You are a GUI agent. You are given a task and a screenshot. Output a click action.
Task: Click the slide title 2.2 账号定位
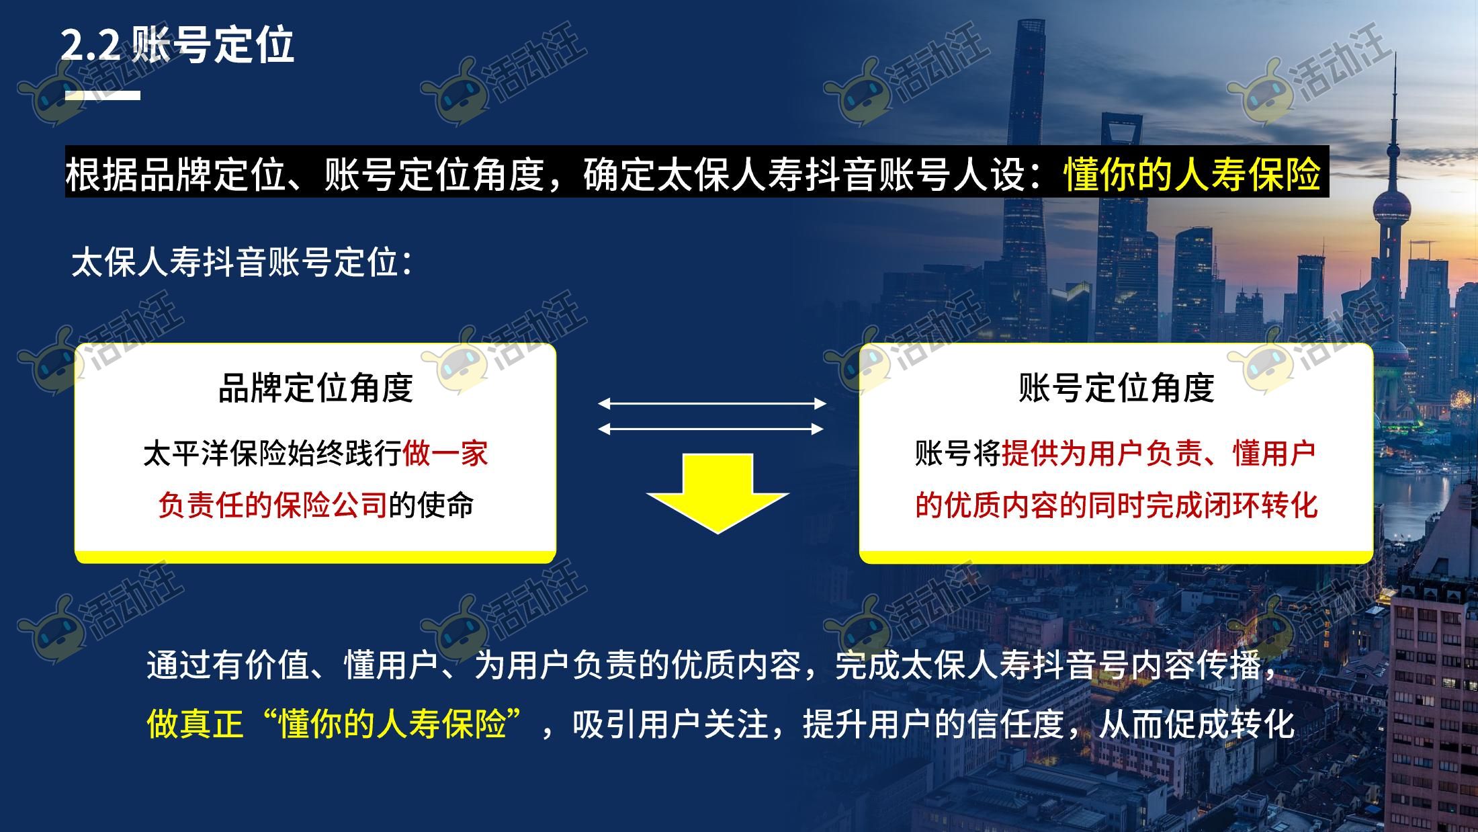[177, 46]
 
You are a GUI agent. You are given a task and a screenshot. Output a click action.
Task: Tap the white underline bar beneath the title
[102, 95]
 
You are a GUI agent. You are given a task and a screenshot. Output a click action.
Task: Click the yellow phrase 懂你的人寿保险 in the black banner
[1192, 173]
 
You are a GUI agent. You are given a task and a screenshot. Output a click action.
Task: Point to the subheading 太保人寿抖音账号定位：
[241, 262]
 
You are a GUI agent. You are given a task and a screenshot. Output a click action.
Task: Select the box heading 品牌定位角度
[316, 388]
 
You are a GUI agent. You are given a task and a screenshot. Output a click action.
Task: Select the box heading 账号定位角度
[1117, 388]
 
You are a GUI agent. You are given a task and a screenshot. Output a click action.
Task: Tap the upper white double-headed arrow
[712, 403]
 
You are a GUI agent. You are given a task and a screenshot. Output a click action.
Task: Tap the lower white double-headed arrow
[711, 429]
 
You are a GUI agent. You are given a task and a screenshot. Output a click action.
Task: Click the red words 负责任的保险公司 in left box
[273, 505]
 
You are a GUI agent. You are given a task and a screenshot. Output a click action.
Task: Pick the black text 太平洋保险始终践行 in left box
[273, 454]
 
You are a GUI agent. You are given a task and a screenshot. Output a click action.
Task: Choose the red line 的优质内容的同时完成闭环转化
[1117, 505]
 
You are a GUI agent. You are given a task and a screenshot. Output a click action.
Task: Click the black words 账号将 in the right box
[958, 454]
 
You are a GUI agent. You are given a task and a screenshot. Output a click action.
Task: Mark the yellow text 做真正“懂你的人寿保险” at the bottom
[335, 724]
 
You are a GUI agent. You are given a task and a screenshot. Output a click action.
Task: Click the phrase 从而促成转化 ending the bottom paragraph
[1197, 724]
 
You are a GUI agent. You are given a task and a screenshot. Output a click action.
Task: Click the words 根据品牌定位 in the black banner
[176, 173]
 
